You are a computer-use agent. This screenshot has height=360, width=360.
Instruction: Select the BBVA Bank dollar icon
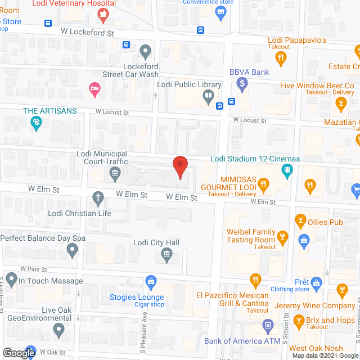tap(242, 85)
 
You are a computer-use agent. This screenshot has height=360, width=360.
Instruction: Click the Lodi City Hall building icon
tap(166, 255)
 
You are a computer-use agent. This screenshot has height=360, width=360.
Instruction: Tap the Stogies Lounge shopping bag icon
tap(150, 281)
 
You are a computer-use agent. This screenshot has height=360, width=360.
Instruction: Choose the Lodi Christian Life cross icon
tap(98, 198)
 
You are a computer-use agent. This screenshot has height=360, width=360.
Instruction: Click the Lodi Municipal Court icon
tap(115, 173)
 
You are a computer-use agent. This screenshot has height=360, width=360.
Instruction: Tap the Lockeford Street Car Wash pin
tap(146, 51)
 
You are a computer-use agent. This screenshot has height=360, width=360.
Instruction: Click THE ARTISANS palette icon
tap(36, 123)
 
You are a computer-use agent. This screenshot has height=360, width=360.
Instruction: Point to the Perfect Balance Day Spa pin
tap(71, 251)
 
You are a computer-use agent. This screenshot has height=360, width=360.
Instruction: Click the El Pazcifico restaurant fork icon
tap(256, 280)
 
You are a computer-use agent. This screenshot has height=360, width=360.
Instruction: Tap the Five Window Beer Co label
tap(317, 85)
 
